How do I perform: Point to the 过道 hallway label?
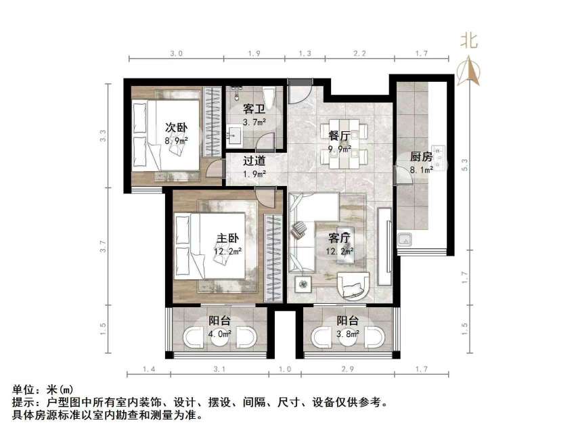(x=254, y=161)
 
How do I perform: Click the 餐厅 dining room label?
(x=339, y=135)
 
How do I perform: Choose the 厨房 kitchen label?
(x=421, y=157)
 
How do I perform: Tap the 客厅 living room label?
(x=339, y=238)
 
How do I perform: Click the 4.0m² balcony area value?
(x=221, y=334)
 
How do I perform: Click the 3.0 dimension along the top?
(x=176, y=53)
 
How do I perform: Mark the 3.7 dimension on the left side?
(x=104, y=247)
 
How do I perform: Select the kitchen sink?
(x=406, y=239)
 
